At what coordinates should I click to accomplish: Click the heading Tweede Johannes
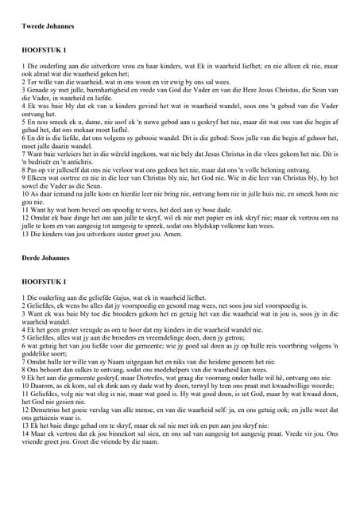click(48, 26)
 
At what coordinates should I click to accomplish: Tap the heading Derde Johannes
click(45, 258)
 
